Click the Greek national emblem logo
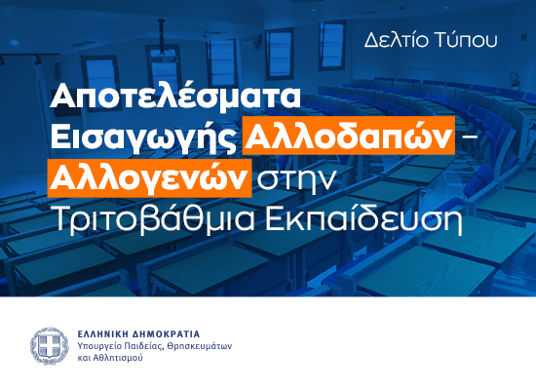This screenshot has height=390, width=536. [x=46, y=345]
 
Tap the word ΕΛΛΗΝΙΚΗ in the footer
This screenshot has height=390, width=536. [x=102, y=333]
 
